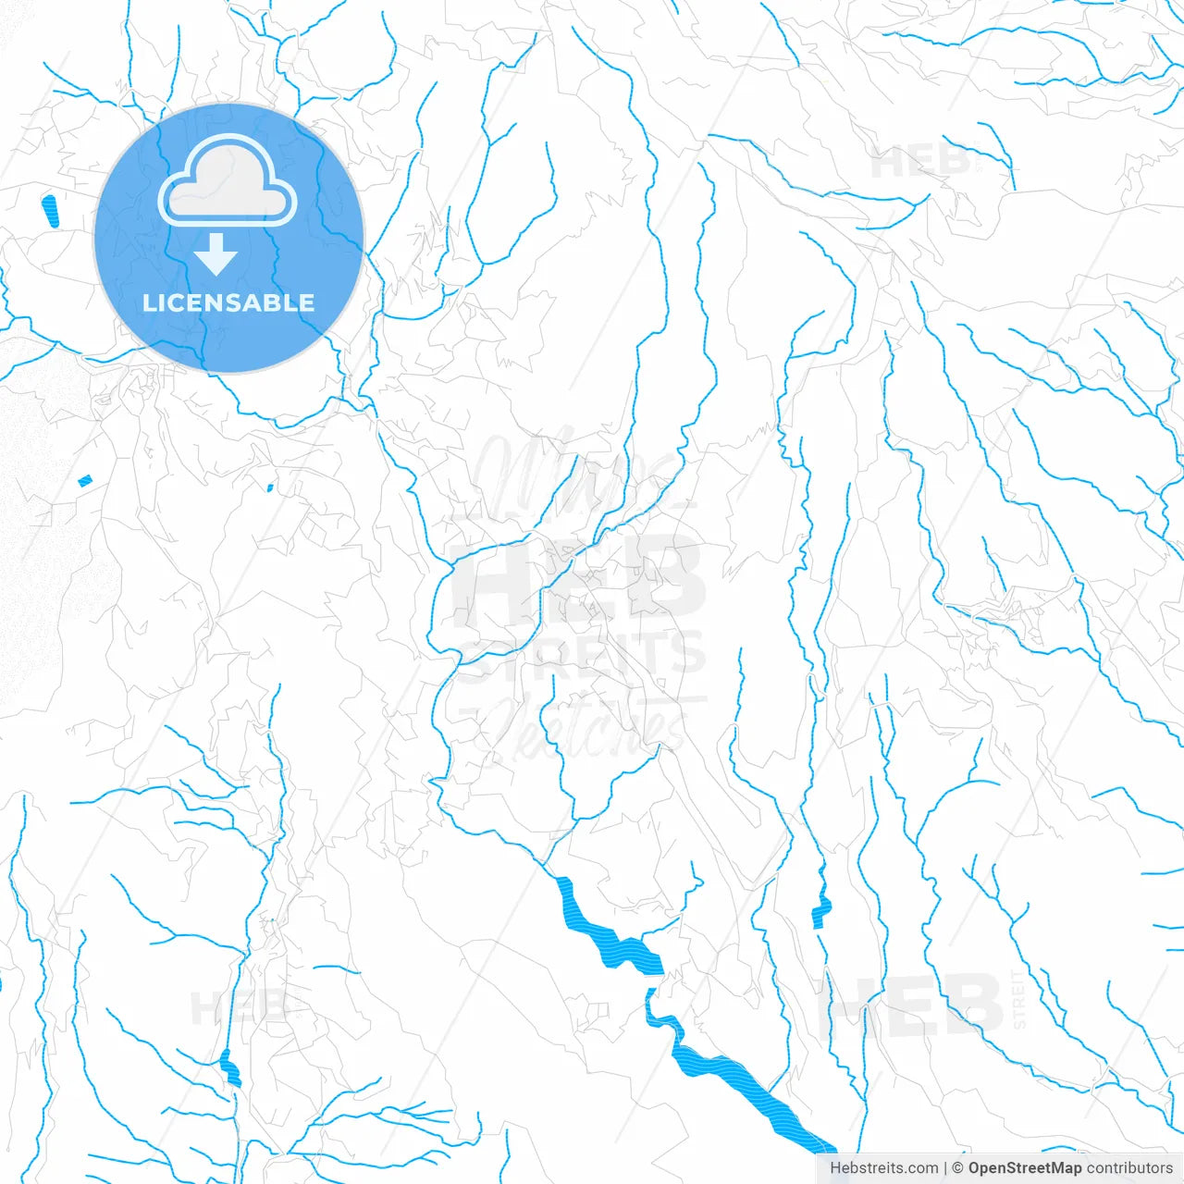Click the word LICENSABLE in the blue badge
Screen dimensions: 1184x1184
228,303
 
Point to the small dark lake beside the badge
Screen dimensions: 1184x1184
49,211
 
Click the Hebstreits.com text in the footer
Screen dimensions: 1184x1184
883,1168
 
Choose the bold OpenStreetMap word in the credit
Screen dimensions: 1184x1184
1025,1168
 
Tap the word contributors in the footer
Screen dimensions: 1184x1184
1129,1168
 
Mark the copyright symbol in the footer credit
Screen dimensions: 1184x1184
957,1168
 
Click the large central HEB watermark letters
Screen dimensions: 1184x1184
578,578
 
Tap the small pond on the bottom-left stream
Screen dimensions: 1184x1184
230,1069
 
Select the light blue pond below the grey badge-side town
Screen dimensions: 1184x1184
85,480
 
